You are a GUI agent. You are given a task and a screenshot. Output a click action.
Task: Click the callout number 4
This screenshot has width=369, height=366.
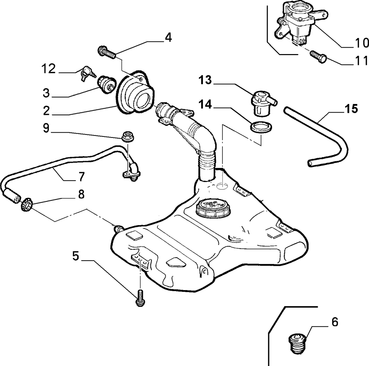tap(168, 38)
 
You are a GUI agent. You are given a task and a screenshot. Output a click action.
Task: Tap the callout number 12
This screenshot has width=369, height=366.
tap(49, 68)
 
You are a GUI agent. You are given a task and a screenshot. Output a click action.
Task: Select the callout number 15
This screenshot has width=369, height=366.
tap(351, 109)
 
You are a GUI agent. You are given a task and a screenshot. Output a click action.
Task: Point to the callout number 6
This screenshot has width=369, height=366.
tap(334, 322)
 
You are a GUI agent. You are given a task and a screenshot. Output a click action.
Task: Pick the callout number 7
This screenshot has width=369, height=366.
tap(81, 177)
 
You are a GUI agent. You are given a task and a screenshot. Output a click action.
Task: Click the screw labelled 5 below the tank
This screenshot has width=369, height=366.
tap(140, 298)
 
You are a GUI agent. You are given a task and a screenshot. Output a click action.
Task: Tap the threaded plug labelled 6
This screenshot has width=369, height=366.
tap(297, 343)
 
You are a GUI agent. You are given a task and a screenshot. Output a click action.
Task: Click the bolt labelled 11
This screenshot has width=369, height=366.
tap(318, 57)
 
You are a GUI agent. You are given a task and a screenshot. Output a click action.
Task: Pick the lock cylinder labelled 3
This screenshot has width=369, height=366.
tap(107, 84)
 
